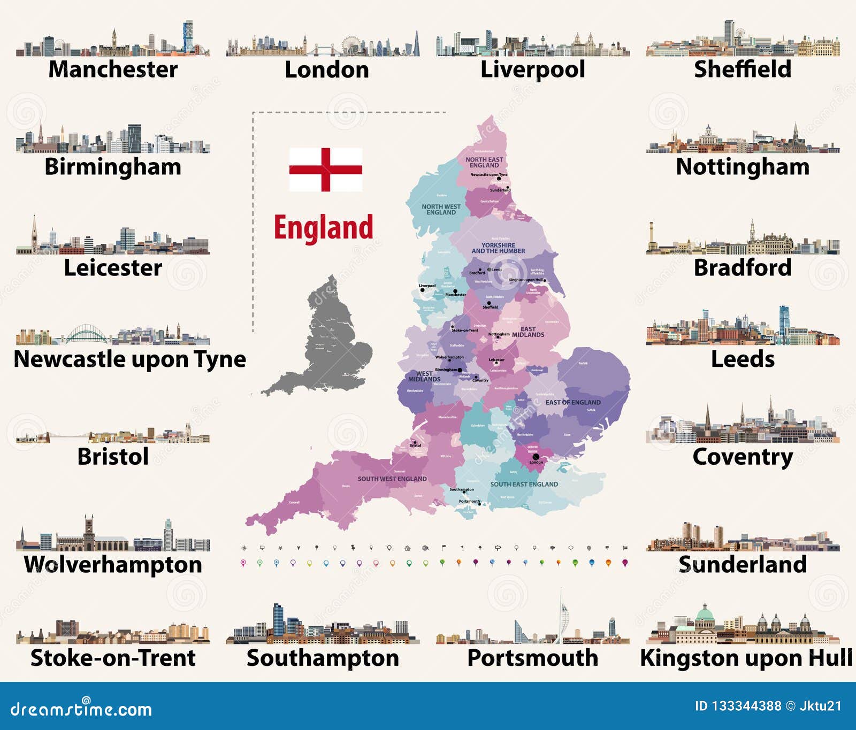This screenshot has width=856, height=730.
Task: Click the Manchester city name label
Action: pyautogui.click(x=113, y=70)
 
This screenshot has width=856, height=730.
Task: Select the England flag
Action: pyautogui.click(x=325, y=170)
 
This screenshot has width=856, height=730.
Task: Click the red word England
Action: pyautogui.click(x=324, y=228)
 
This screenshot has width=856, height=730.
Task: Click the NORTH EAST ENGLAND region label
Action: pyautogui.click(x=484, y=162)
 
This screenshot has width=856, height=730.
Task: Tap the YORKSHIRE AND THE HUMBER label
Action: pyautogui.click(x=498, y=248)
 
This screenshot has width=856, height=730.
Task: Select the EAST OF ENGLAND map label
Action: pyautogui.click(x=573, y=402)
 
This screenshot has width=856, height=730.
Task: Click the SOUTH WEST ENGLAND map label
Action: pyautogui.click(x=392, y=479)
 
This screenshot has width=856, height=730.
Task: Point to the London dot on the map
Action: pyautogui.click(x=536, y=457)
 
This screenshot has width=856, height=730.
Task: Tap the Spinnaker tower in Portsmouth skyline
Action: pyautogui.click(x=561, y=615)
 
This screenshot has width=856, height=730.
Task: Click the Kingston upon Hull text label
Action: pyautogui.click(x=746, y=658)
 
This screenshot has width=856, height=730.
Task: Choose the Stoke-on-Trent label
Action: pyautogui.click(x=113, y=658)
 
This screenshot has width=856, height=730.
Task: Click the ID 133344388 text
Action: pyautogui.click(x=738, y=706)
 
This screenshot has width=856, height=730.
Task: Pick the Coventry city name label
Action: pyautogui.click(x=743, y=457)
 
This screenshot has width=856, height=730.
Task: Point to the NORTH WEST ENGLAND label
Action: pyautogui.click(x=441, y=209)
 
